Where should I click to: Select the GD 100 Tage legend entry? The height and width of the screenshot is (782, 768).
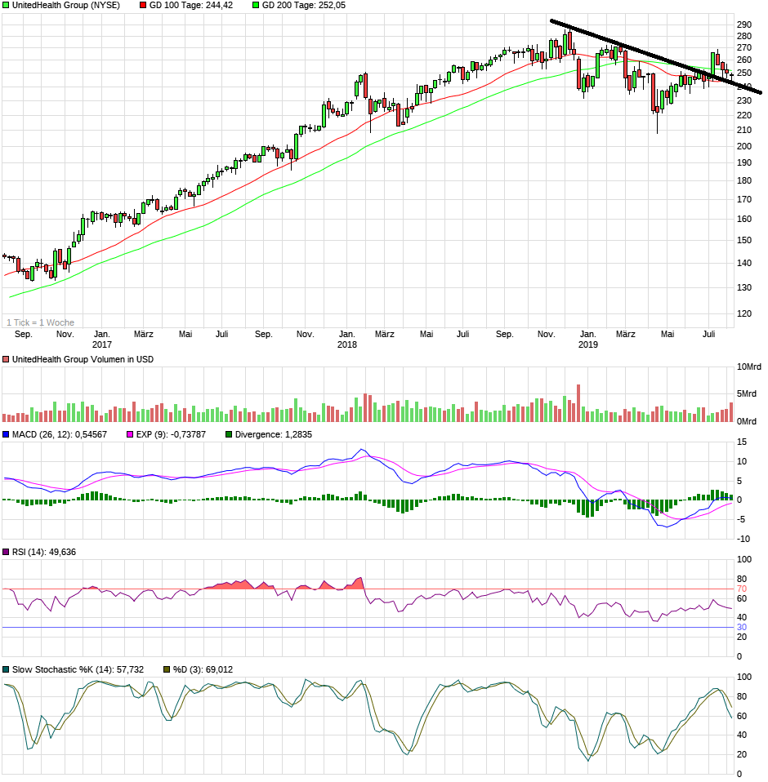[179, 5]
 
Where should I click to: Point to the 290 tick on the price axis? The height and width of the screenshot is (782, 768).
[745, 24]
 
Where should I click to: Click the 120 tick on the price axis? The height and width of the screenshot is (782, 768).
[745, 313]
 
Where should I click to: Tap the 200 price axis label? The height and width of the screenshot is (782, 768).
[745, 147]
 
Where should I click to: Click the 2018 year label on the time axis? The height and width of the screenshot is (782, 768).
[347, 345]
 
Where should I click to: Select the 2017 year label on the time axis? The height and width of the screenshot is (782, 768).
[102, 345]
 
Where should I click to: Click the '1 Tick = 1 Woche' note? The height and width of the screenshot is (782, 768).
[40, 322]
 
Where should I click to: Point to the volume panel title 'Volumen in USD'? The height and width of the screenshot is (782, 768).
[83, 359]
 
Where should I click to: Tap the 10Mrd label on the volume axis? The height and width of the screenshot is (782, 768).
[749, 367]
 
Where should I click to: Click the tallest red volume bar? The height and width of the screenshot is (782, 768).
[578, 403]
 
